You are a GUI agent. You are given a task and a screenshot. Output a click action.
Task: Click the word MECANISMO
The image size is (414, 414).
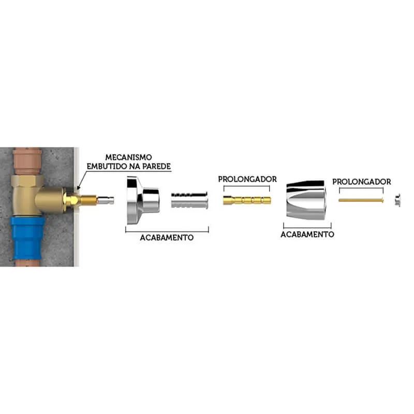(128, 157)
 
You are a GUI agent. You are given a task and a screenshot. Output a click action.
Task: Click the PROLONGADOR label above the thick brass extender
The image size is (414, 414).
(247, 179)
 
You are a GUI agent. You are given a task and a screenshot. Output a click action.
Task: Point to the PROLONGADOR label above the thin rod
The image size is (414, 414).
(361, 182)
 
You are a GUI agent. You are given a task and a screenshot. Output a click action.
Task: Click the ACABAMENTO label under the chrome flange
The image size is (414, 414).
(167, 238)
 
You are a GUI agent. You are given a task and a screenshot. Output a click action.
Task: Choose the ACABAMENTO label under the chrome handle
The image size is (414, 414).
(307, 234)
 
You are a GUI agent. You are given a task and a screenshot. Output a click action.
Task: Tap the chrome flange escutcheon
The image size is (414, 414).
(143, 200)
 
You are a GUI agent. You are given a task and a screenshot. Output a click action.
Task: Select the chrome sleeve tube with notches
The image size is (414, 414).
(189, 200)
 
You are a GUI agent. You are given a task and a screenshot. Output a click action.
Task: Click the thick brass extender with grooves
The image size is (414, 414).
(247, 200)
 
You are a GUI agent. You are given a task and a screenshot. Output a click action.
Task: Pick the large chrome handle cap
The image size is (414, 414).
(306, 200)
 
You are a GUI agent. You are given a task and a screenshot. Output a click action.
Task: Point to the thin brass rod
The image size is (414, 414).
(361, 200)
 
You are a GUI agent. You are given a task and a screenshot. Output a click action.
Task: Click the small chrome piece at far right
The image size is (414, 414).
(397, 200)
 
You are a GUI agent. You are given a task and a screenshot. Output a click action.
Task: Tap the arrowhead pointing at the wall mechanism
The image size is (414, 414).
(79, 188)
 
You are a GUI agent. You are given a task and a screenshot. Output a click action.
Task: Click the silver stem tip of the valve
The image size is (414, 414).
(106, 200)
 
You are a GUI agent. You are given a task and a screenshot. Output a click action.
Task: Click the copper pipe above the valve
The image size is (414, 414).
(27, 161)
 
